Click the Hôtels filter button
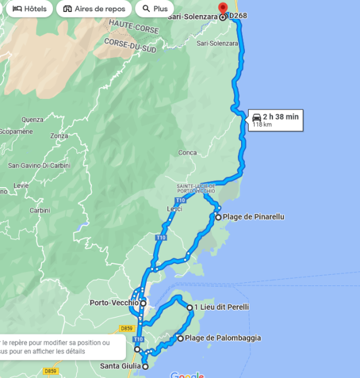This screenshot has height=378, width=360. pyautogui.click(x=29, y=9)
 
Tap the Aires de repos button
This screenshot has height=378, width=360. pyautogui.click(x=94, y=9)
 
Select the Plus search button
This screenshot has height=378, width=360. pyautogui.click(x=154, y=9)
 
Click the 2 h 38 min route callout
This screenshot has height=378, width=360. pyautogui.click(x=276, y=119)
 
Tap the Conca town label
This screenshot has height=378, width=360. pyautogui.click(x=187, y=152)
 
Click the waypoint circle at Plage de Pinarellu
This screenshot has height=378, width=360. pyautogui.click(x=218, y=217)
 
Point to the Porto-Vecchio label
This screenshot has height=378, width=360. pyautogui.click(x=114, y=303)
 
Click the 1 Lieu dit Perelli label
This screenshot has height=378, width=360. pyautogui.click(x=222, y=307)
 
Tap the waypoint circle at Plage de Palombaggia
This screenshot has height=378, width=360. pyautogui.click(x=181, y=338)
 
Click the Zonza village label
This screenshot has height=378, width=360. pyautogui.click(x=59, y=135)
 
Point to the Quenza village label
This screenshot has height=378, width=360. pyautogui.click(x=32, y=119)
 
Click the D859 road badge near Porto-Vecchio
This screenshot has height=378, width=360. pyautogui.click(x=127, y=328)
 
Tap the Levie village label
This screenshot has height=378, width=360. pyautogui.click(x=21, y=186)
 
